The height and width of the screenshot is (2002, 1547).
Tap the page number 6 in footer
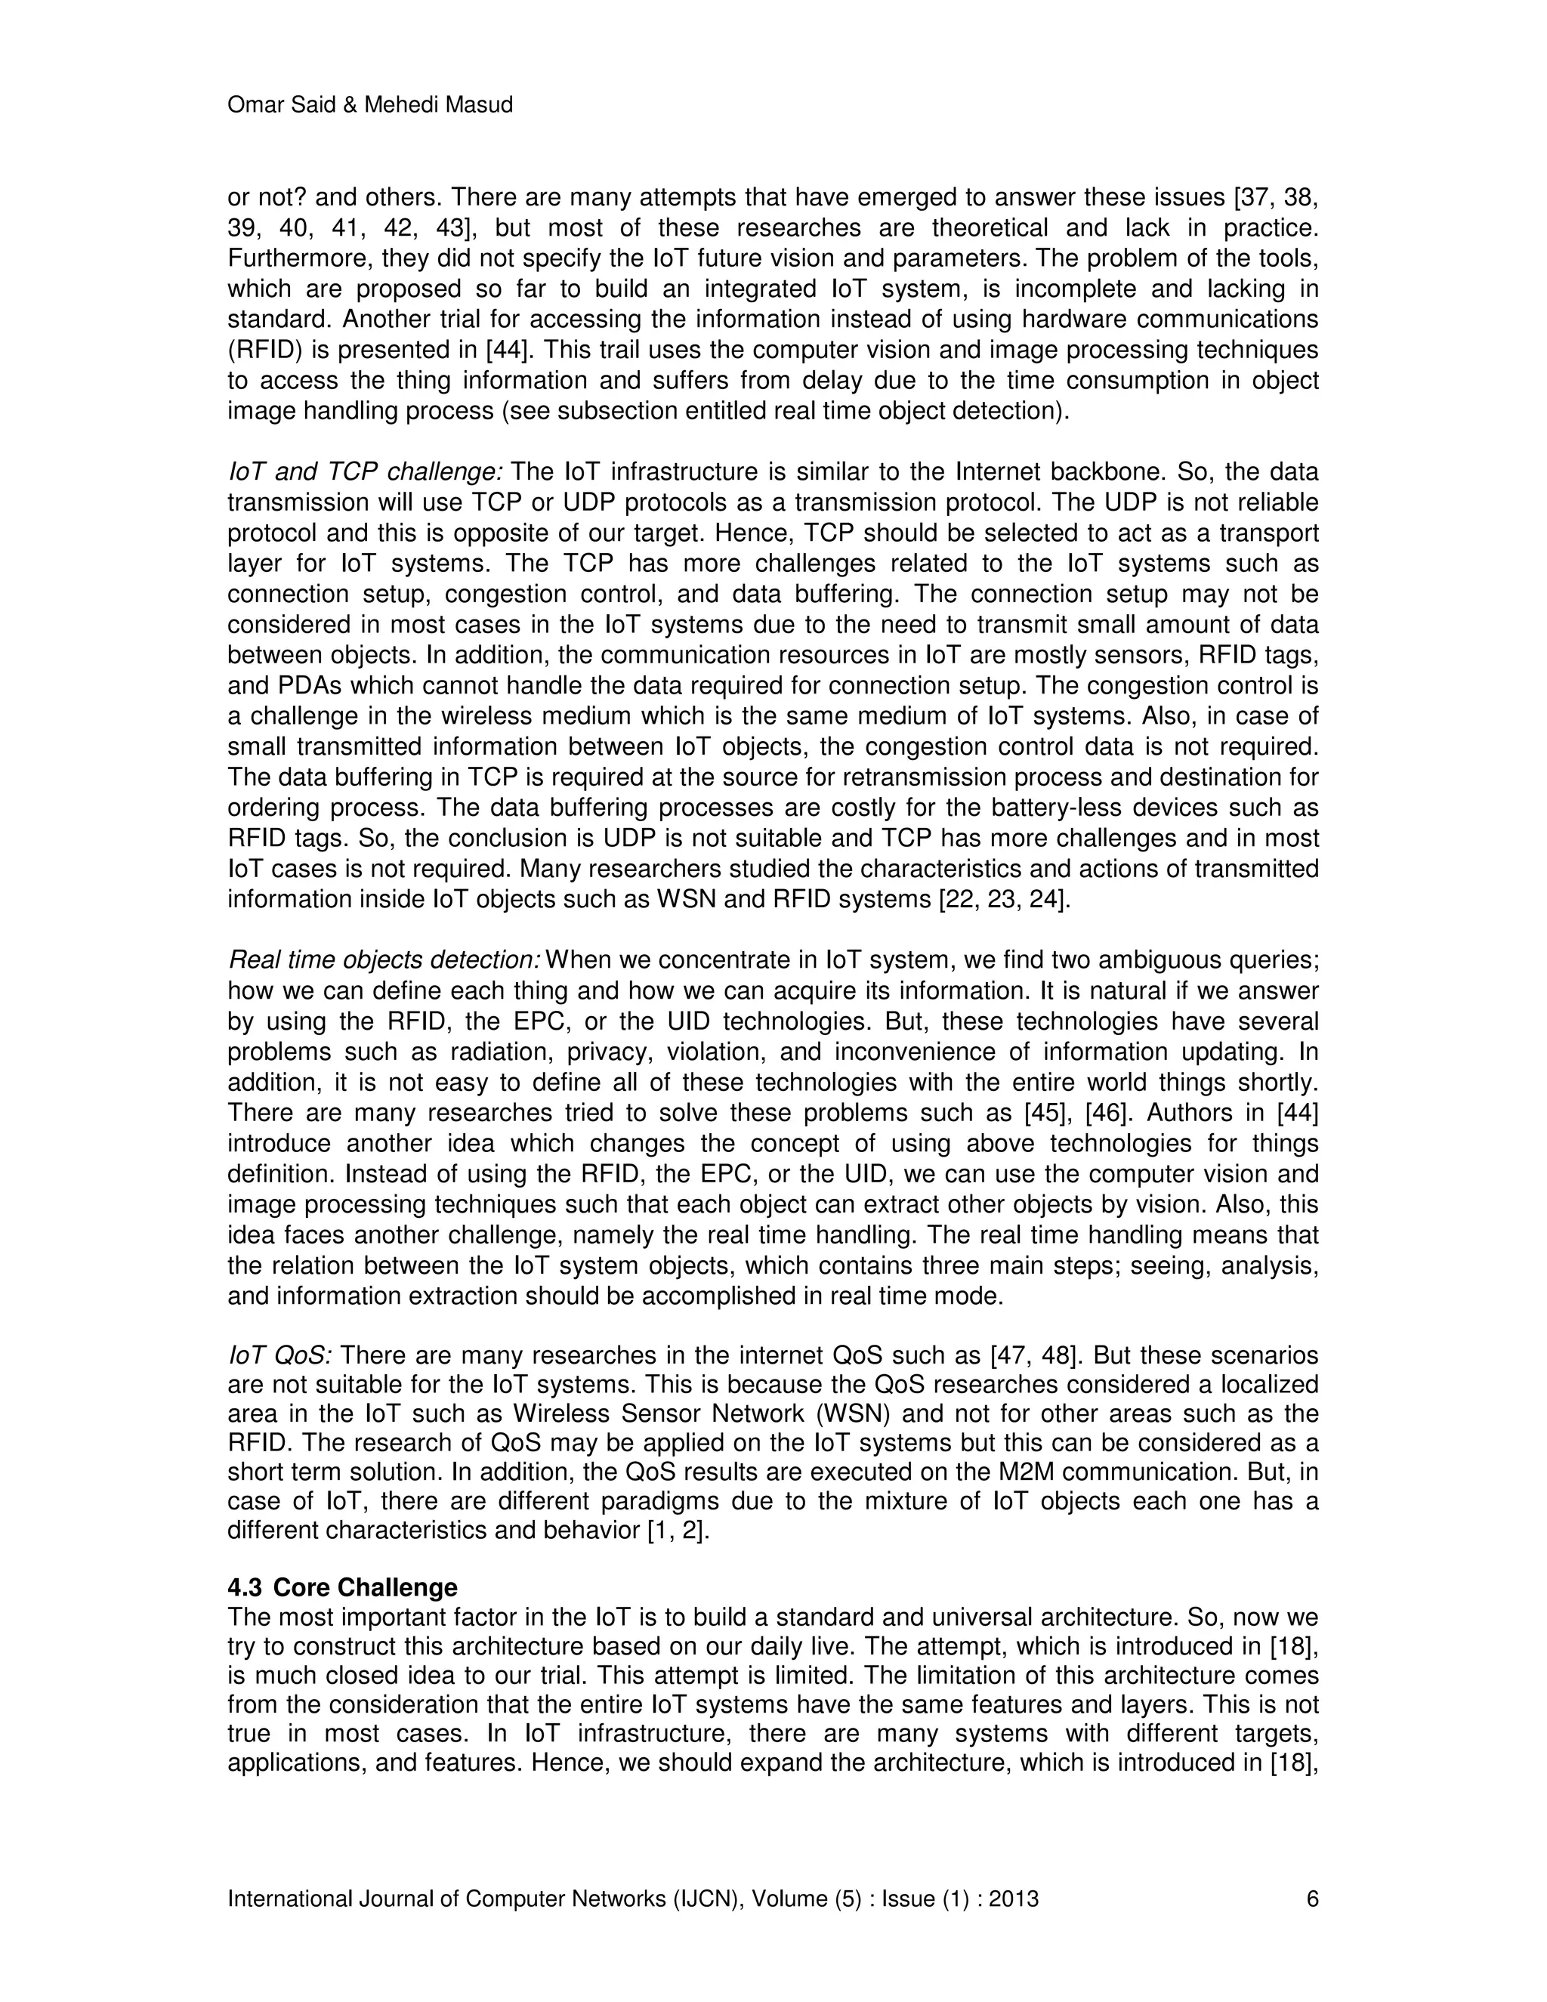coord(1311,1899)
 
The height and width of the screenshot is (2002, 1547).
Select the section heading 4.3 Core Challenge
coord(342,1586)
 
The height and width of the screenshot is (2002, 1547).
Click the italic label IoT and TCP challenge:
coord(365,472)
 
